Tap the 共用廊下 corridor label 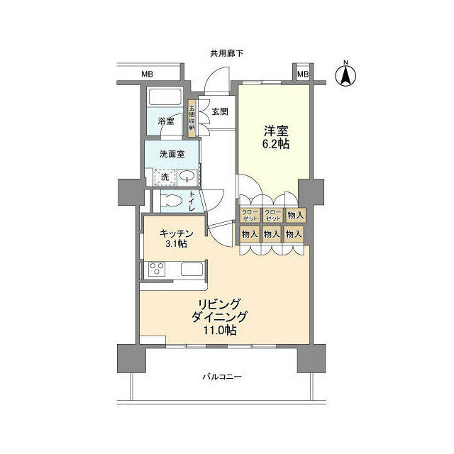coord(227,53)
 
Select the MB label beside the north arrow coord(303,74)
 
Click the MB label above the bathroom coord(147,74)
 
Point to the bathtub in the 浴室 coord(165,97)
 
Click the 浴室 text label coord(166,121)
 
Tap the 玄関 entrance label coord(219,111)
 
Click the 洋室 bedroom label coord(275,131)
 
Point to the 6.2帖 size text coord(275,144)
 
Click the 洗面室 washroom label coord(172,153)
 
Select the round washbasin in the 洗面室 coord(187,177)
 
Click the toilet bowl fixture coord(170,201)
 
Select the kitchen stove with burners coord(157,270)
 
